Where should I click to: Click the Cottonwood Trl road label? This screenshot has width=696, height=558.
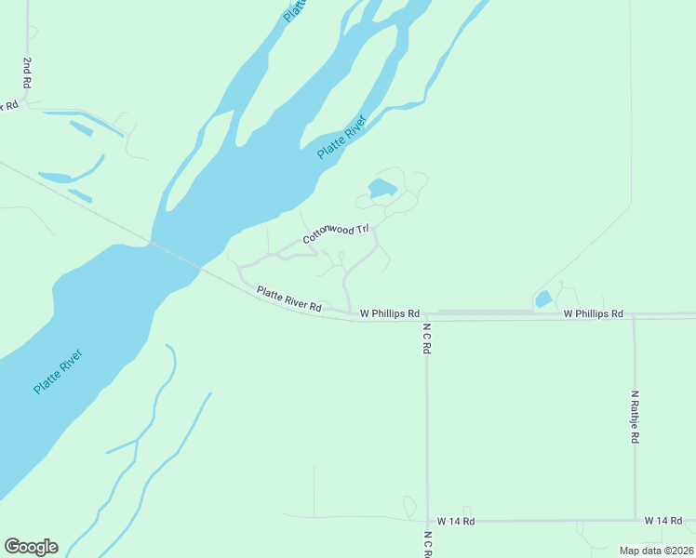pyautogui.click(x=336, y=233)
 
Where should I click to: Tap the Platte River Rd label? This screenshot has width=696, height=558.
pyautogui.click(x=288, y=299)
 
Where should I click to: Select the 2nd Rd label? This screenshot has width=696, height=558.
pyautogui.click(x=27, y=73)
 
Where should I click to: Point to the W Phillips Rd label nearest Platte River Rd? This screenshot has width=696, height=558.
pyautogui.click(x=389, y=314)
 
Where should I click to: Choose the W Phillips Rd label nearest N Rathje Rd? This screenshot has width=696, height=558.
pyautogui.click(x=593, y=314)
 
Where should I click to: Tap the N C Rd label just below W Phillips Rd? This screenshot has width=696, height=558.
pyautogui.click(x=427, y=339)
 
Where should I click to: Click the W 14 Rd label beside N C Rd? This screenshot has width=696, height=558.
pyautogui.click(x=456, y=522)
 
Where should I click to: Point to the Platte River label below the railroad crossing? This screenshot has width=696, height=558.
pyautogui.click(x=58, y=371)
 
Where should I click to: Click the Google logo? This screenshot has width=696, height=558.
pyautogui.click(x=31, y=546)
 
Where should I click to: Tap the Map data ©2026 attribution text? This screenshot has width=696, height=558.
pyautogui.click(x=656, y=551)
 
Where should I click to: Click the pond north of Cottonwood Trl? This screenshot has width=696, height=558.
pyautogui.click(x=381, y=190)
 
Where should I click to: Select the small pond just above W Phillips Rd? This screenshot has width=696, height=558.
pyautogui.click(x=542, y=299)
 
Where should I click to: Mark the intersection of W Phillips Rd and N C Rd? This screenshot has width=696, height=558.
pyautogui.click(x=427, y=315)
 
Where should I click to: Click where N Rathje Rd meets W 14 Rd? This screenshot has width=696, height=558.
pyautogui.click(x=635, y=520)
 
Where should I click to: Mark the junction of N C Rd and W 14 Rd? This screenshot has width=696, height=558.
pyautogui.click(x=427, y=521)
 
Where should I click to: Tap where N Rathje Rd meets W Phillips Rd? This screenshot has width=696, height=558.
pyautogui.click(x=634, y=315)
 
